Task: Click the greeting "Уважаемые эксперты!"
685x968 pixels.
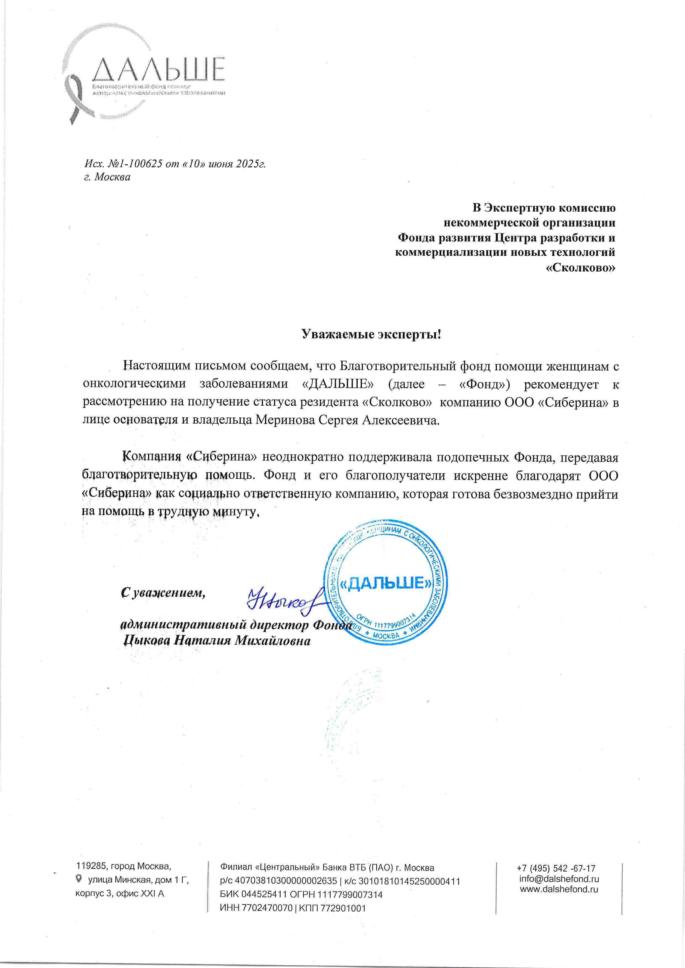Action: [x=371, y=334]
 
